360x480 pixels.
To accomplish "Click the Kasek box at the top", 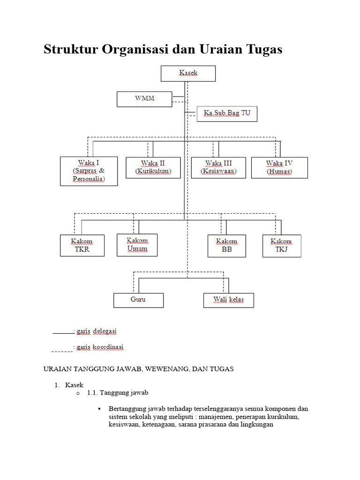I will (188, 74).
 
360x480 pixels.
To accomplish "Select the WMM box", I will (144, 99).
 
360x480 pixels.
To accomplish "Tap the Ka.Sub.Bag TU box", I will (227, 114).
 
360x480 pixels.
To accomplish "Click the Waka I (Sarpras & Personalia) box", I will (89, 171).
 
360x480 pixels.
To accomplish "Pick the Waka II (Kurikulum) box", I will (153, 167).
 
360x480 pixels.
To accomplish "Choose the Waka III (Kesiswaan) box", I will (218, 167).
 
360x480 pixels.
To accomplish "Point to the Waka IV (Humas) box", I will (279, 167).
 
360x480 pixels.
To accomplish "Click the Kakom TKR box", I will (82, 246).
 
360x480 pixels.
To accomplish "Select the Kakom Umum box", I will (137, 245).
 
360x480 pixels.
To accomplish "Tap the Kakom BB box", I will (227, 246).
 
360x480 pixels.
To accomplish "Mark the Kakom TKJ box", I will (281, 246).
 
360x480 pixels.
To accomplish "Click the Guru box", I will (138, 300).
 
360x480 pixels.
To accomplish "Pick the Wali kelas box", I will (228, 300).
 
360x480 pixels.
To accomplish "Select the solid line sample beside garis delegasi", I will (62, 333).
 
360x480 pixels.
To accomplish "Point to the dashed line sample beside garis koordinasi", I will (62, 350).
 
